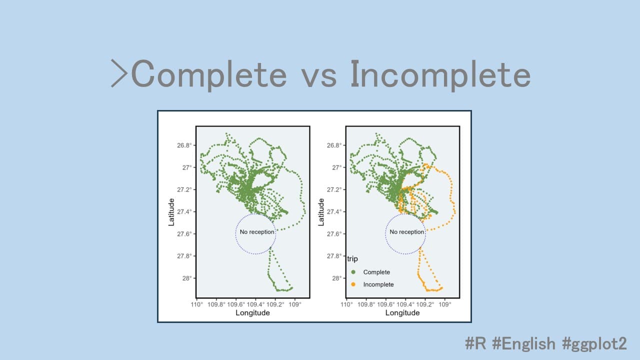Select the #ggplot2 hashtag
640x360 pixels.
click(594, 344)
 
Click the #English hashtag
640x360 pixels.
click(523, 343)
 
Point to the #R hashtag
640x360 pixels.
click(475, 343)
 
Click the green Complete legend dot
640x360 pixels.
click(353, 272)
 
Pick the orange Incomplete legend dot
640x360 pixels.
click(353, 284)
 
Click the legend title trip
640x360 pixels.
click(352, 259)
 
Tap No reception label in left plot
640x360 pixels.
click(257, 232)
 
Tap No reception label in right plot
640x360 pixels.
click(407, 232)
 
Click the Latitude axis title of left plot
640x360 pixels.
click(171, 212)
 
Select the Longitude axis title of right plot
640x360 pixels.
click(402, 313)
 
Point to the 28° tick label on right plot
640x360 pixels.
click(336, 278)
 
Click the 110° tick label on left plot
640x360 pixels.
click(197, 304)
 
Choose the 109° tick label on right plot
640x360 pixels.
click(445, 304)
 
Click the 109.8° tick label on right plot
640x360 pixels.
click(366, 304)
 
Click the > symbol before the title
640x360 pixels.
click(119, 73)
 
